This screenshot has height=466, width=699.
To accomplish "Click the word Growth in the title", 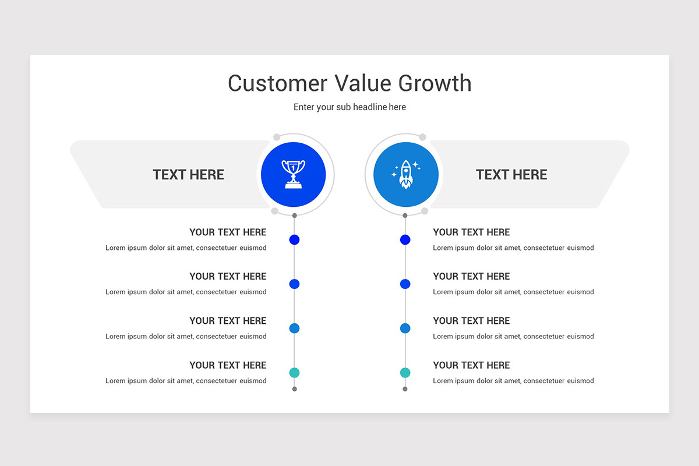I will (x=435, y=84).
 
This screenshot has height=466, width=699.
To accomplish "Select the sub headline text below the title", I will (x=349, y=107).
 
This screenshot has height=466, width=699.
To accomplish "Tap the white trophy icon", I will (x=294, y=174).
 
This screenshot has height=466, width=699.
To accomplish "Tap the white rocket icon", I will (x=405, y=174).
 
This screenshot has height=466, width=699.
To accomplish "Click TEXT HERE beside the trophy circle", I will (x=188, y=175).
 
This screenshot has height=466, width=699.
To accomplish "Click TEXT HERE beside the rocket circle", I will (x=511, y=175).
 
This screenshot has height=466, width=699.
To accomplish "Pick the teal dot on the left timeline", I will (x=294, y=373).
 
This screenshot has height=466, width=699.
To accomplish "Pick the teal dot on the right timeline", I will (x=405, y=373).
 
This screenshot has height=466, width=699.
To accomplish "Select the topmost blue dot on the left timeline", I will (x=294, y=239).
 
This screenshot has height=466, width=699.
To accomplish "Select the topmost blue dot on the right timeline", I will (x=405, y=239).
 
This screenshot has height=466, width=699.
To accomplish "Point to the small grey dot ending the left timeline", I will (x=294, y=389).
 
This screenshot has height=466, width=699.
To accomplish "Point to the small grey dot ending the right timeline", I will (x=405, y=389).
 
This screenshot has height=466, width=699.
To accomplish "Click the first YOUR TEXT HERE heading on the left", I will (x=228, y=232).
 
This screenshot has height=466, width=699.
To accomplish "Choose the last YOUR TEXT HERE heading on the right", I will (x=471, y=365).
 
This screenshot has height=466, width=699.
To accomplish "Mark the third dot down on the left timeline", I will (x=294, y=329).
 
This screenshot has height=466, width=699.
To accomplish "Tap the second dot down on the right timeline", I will (x=405, y=284).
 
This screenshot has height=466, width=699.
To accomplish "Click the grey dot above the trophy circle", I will (x=277, y=137).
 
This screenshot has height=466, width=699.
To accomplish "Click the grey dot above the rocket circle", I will (x=422, y=137).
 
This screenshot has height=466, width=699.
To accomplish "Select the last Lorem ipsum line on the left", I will (x=186, y=381).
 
